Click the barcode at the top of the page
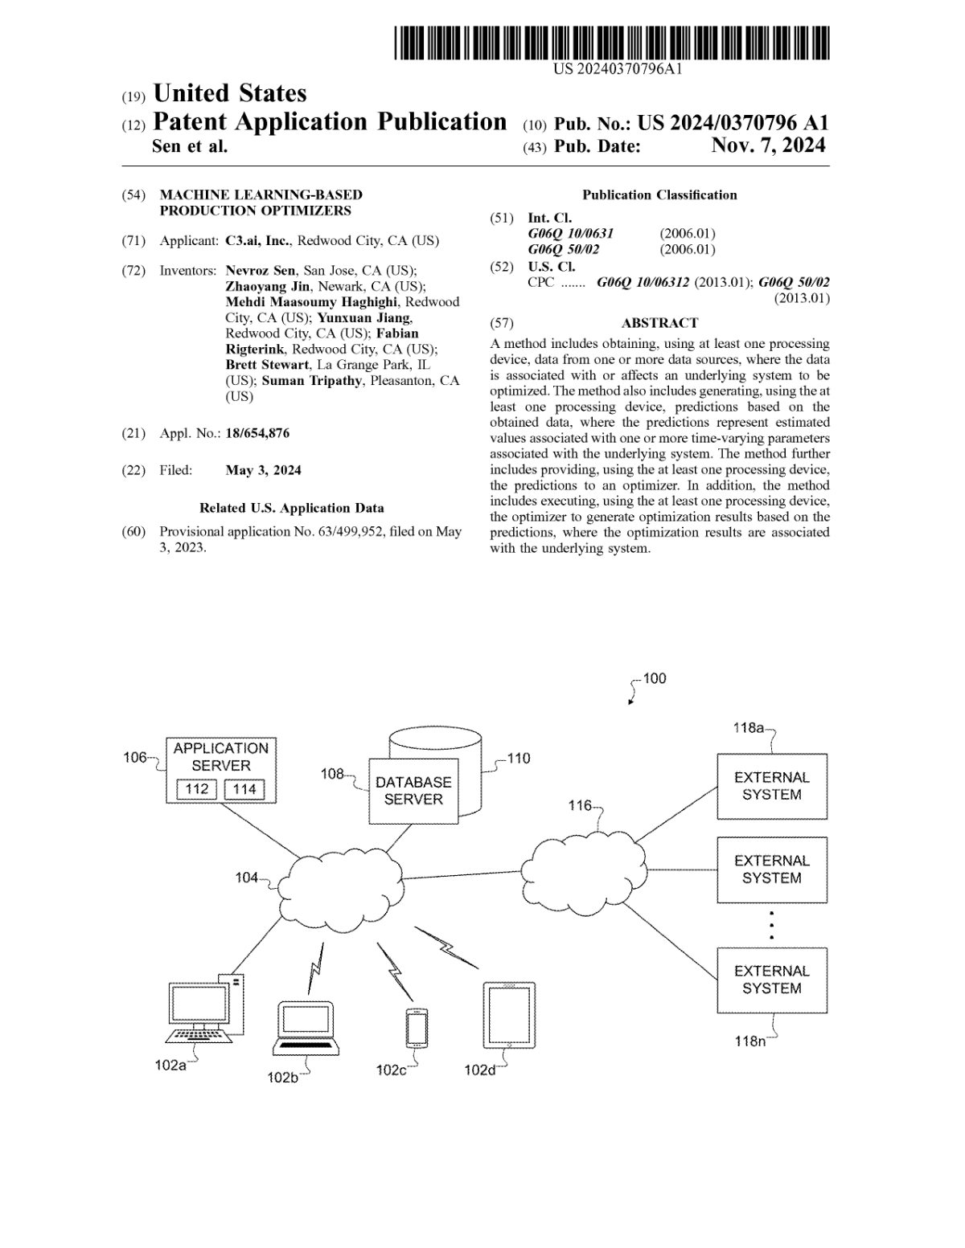pos(611,43)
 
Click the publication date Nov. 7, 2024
pos(768,145)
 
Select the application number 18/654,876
pos(257,433)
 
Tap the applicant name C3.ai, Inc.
pos(257,240)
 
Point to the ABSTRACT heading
pos(659,323)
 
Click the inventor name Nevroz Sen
pos(261,271)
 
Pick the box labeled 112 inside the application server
pos(196,789)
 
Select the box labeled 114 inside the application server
pos(244,789)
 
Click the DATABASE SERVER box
pos(413,791)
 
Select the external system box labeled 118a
pos(772,786)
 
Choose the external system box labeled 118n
pos(772,980)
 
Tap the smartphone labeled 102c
pos(417,1028)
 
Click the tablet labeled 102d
pos(509,1015)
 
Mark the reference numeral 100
pos(654,678)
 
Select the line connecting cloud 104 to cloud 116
pos(462,874)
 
